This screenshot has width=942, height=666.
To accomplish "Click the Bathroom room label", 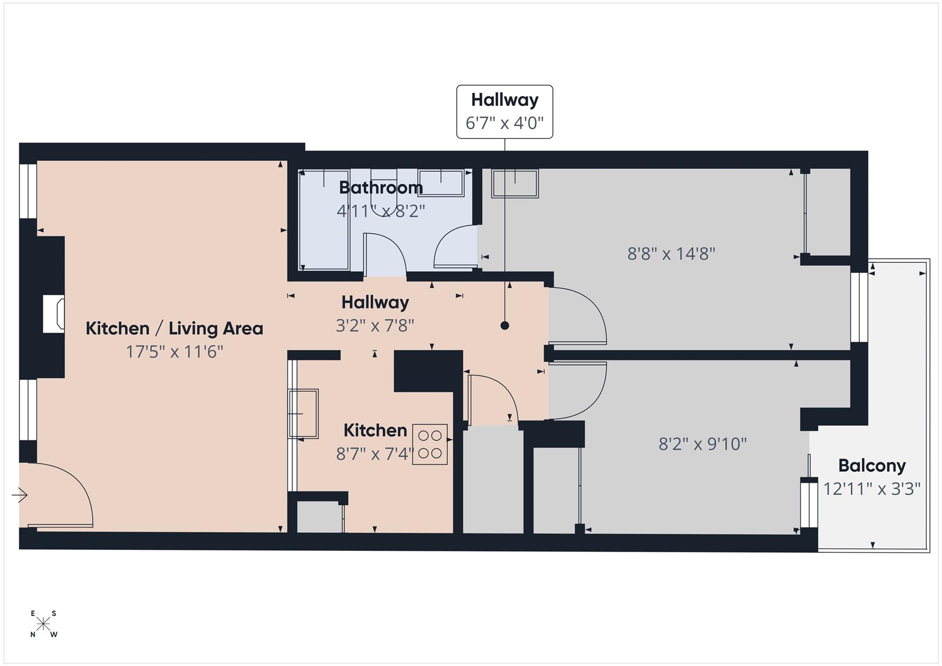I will [x=380, y=188].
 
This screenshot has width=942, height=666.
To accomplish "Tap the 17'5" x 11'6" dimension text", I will [x=174, y=352].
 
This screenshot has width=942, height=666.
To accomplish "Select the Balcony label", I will [x=872, y=465].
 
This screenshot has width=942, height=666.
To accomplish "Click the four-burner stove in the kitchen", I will [x=430, y=444].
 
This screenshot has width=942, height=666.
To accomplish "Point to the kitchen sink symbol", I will [x=304, y=413].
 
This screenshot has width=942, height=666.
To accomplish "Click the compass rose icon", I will [x=44, y=624].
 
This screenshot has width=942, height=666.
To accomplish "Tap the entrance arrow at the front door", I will [x=20, y=495].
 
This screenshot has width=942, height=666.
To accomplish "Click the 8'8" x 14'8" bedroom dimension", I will [x=671, y=253].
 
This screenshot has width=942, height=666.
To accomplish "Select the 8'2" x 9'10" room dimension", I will [x=702, y=444].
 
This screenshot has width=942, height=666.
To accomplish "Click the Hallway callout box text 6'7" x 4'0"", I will [x=504, y=123].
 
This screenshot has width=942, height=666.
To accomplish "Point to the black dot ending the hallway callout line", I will [x=505, y=326].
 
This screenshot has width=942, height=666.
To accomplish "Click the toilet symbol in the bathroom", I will [x=384, y=192].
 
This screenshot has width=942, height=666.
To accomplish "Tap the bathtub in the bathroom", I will [x=323, y=220].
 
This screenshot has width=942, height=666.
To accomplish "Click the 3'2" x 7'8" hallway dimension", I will [x=374, y=326].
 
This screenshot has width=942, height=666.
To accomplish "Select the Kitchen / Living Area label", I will [x=174, y=328].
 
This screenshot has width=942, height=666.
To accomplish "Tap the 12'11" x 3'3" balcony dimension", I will [x=872, y=488].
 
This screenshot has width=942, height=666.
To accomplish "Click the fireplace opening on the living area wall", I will [x=53, y=315].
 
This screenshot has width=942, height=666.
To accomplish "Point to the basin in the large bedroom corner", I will [x=515, y=184].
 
